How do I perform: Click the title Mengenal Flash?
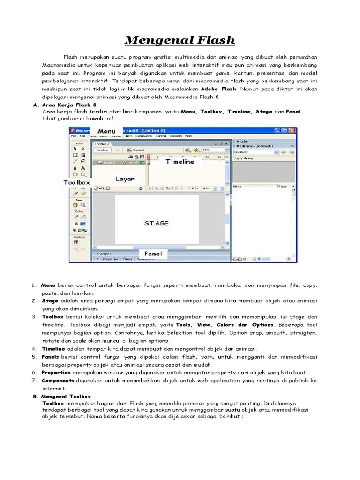[180, 40]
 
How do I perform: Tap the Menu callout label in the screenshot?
[106, 131]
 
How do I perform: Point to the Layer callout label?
[125, 179]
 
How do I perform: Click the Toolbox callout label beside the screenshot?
[77, 182]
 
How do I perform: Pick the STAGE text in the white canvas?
[157, 223]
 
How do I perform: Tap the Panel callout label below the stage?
[153, 254]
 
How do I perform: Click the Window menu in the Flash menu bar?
[176, 136]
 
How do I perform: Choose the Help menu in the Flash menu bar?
[188, 136]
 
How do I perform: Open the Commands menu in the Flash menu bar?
[143, 136]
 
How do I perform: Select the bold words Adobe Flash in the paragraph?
[218, 89]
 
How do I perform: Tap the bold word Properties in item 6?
[56, 372]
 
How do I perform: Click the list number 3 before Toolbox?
[34, 317]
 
